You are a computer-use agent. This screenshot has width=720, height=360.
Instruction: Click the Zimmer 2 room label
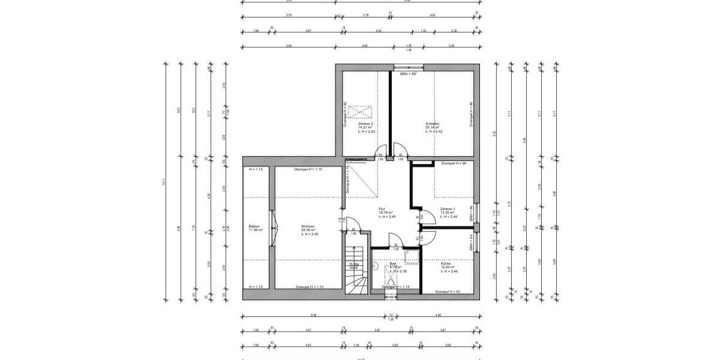point(366,124)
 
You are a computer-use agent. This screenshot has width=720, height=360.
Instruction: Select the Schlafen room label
point(433,124)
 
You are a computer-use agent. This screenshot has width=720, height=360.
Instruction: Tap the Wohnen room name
point(308,226)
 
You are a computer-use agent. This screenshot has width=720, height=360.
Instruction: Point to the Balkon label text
point(253,226)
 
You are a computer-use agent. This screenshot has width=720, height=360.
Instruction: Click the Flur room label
point(382,209)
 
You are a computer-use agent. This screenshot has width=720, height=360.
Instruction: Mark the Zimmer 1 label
point(448,209)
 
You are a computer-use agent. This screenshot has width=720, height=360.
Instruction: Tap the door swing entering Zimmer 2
point(380,153)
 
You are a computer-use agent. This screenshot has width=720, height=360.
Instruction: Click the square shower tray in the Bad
point(412,258)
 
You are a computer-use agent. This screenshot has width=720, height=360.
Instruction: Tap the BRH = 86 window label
point(408,73)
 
